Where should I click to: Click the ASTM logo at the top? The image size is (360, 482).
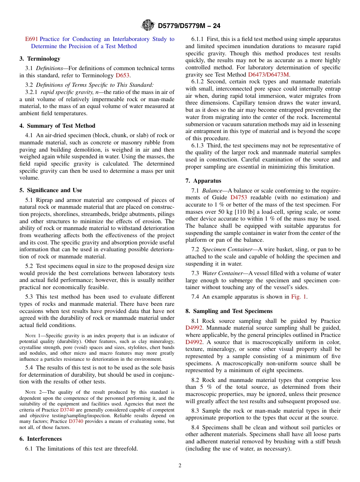(148, 25)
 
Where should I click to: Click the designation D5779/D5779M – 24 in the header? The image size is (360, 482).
(189, 26)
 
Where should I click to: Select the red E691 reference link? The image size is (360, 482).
(31, 39)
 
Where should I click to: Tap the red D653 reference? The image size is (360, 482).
(123, 75)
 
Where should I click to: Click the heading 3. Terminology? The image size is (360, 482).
(40, 59)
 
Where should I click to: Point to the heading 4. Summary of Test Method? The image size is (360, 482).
(57, 126)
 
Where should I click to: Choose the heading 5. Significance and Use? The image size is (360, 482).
(51, 190)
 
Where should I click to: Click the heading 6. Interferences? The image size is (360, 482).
(41, 439)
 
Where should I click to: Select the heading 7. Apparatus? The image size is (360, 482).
(203, 181)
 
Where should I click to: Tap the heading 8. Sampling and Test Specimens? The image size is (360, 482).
(229, 311)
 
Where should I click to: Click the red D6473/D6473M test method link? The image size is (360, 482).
(269, 75)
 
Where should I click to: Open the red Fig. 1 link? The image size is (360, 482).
(299, 297)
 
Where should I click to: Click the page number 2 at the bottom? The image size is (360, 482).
(180, 466)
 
